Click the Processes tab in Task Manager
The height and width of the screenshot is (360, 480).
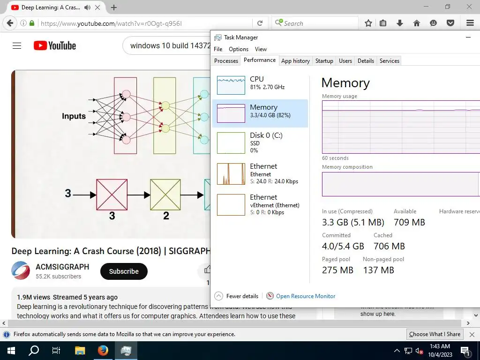226,61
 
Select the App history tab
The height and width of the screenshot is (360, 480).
295,61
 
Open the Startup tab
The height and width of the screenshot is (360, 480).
324,61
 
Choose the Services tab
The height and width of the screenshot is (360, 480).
389,61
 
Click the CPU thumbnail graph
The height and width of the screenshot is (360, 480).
231,85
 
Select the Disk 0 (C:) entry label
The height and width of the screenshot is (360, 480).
266,135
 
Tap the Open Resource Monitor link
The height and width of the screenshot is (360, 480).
306,296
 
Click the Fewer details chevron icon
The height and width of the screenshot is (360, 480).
218,296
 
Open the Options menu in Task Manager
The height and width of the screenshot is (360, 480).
239,49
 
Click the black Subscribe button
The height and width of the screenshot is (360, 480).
124,271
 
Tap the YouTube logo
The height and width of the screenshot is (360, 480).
55,45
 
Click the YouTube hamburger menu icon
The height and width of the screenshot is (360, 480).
17,45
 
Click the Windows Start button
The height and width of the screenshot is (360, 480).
11,351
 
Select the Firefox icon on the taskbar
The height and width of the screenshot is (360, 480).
103,351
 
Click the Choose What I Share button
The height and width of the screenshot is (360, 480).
435,334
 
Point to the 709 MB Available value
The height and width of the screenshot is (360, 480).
409,222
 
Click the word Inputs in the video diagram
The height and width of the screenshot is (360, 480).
74,116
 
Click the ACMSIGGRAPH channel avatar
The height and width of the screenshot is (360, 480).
21,271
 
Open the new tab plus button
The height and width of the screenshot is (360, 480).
114,7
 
